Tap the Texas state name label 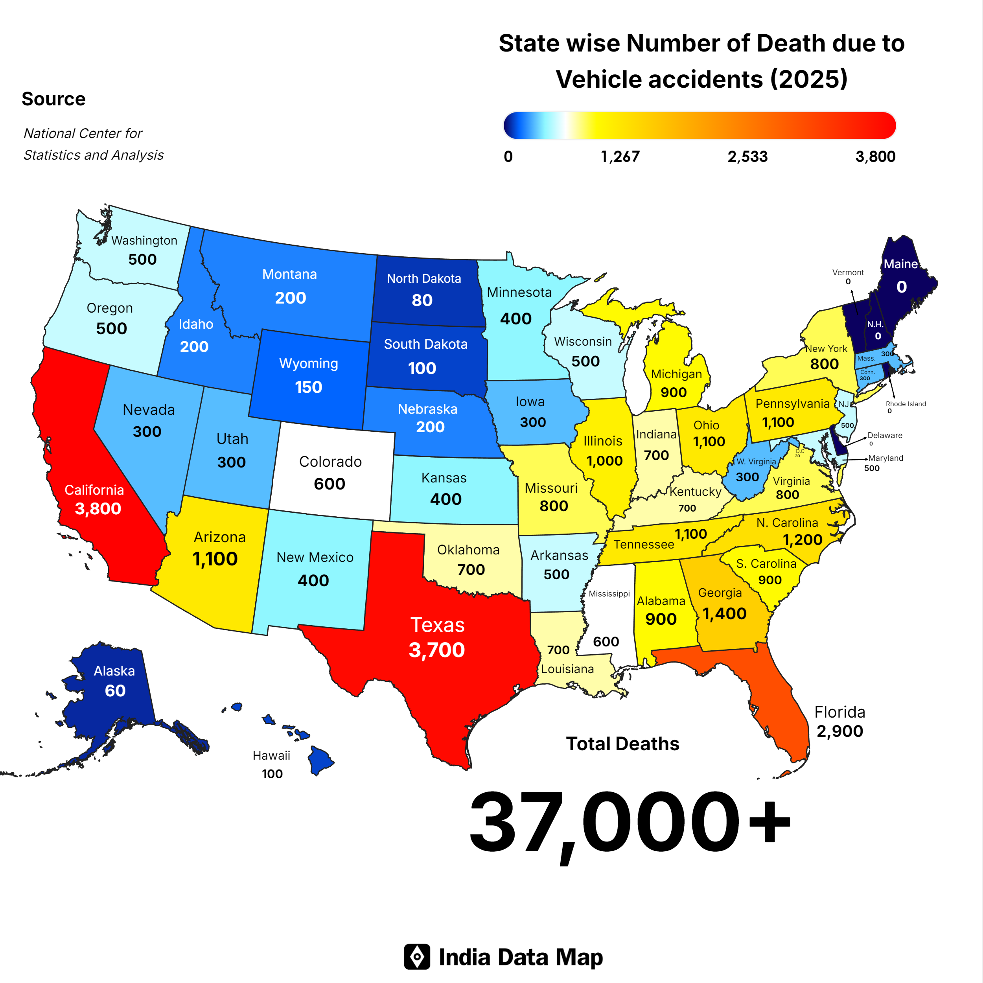point(438,624)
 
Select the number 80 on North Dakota point(422,300)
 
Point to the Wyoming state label point(308,363)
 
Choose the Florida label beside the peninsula point(839,712)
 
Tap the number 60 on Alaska point(115,690)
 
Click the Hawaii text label point(271,756)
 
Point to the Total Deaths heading point(622,744)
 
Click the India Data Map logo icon point(417,957)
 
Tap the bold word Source point(53,99)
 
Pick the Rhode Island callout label point(906,404)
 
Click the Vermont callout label point(848,273)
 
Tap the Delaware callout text point(885,435)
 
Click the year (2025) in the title point(808,79)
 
